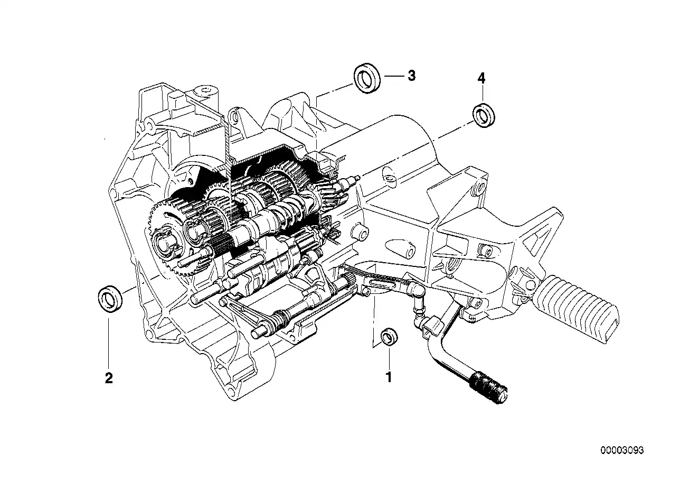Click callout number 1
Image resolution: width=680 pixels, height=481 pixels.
389,377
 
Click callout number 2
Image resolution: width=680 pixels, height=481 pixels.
109,378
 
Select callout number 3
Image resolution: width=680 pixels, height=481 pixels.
411,76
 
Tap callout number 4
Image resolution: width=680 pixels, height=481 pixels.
481,78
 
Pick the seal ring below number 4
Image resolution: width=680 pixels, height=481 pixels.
483,116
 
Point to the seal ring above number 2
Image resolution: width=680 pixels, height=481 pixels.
111,300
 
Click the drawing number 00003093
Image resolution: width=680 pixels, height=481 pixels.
622,450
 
